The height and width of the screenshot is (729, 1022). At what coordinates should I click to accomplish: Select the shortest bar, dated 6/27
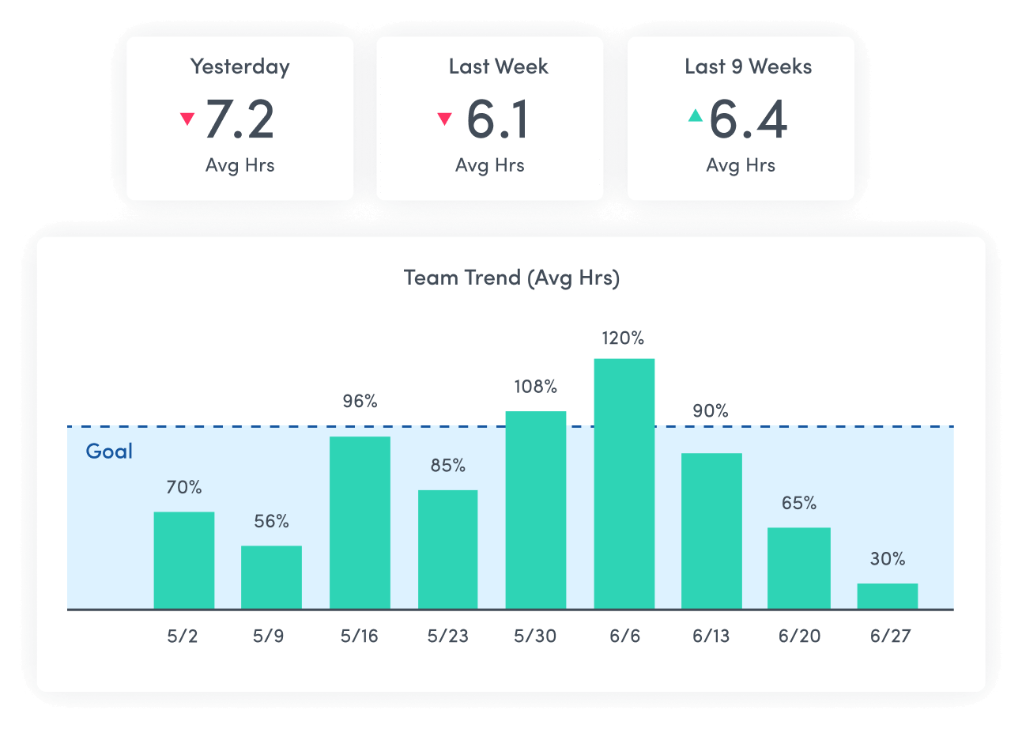[x=887, y=596]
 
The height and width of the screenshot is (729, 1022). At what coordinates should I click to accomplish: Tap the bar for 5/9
[x=271, y=577]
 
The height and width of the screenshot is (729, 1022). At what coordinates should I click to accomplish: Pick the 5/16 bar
[x=360, y=523]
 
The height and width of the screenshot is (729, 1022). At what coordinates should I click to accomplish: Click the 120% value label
[x=624, y=338]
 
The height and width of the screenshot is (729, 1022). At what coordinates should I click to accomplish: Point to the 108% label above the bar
[x=536, y=387]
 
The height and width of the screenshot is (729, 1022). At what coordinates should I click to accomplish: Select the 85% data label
[x=448, y=466]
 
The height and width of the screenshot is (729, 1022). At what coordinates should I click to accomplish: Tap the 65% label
[x=799, y=503]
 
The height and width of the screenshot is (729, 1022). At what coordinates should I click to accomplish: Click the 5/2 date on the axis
[x=183, y=636]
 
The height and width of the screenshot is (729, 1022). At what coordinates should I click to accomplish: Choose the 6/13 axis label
[x=711, y=636]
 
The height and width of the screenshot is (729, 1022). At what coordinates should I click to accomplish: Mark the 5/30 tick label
[x=535, y=636]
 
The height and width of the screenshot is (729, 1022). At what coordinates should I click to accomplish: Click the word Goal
[x=109, y=451]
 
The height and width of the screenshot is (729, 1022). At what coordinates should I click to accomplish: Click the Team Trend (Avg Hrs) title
[x=511, y=278]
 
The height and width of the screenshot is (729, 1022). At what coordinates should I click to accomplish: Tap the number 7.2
[x=239, y=119]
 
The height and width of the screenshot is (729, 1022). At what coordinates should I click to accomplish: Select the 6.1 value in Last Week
[x=497, y=119]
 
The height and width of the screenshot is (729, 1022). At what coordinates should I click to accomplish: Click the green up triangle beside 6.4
[x=695, y=116]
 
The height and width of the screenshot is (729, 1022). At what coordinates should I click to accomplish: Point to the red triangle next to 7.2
[x=187, y=119]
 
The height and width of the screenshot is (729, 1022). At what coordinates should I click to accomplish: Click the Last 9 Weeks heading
[x=748, y=66]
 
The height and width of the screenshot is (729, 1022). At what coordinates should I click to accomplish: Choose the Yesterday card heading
[x=239, y=66]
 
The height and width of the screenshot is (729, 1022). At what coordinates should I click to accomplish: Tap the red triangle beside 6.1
[x=444, y=119]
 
